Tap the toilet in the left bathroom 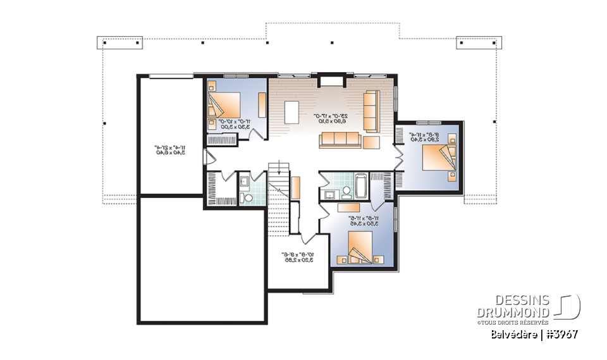(x=248, y=199)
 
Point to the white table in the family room (x=291, y=113)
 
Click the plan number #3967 (x=560, y=333)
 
